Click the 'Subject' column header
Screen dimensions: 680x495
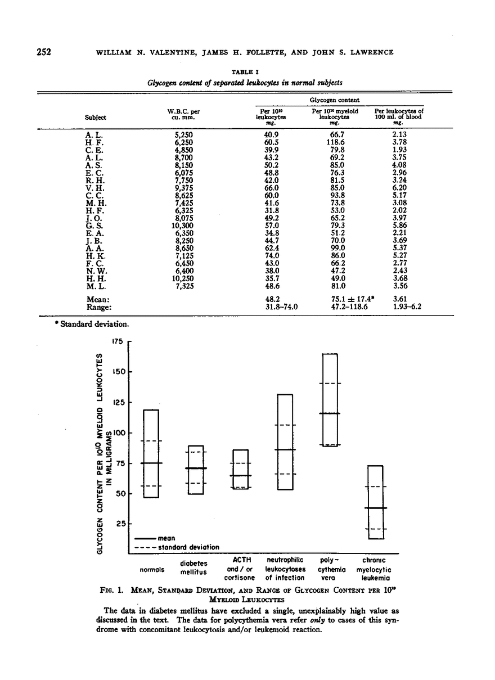point(95,117)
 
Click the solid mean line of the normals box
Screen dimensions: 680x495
point(151,463)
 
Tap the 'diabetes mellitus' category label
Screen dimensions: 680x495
point(193,567)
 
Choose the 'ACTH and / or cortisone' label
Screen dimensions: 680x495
point(240,569)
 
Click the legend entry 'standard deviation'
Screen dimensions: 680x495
point(191,547)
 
